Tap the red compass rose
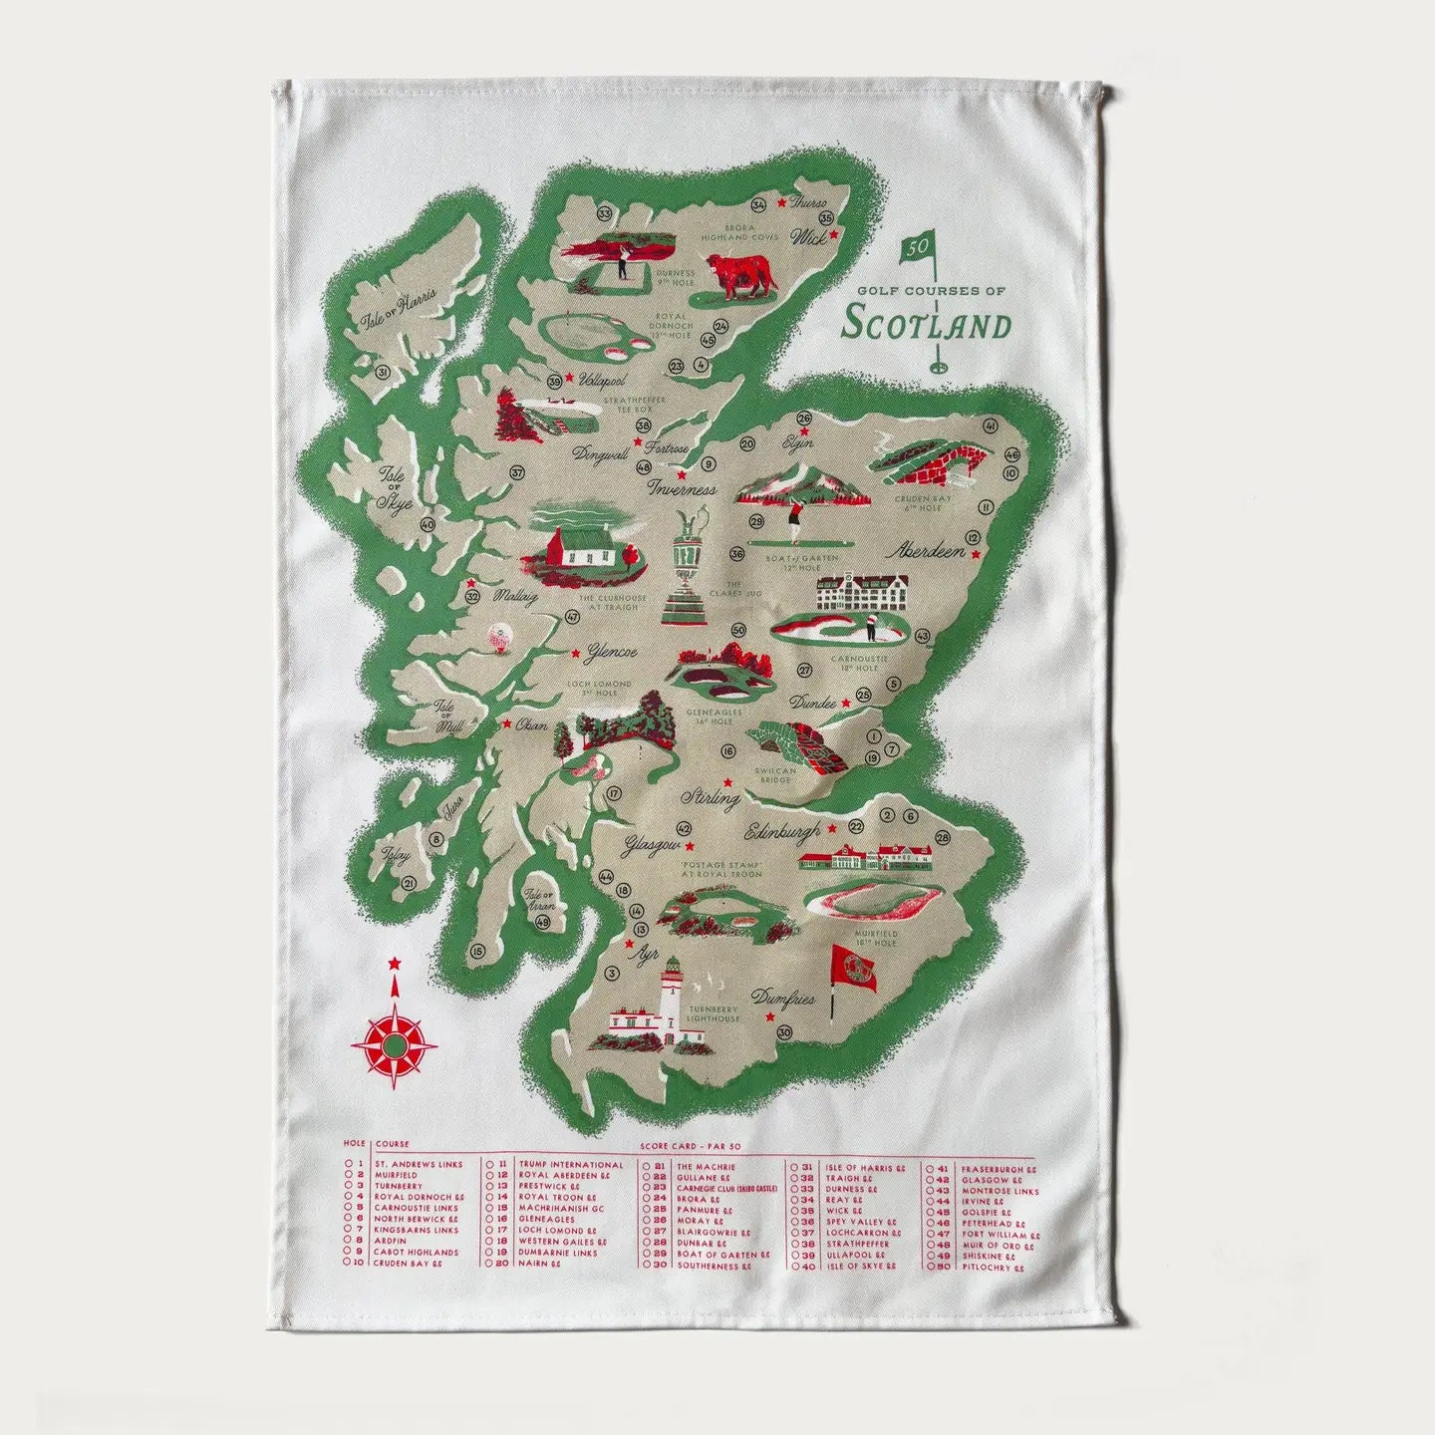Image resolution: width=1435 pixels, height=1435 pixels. (396, 1045)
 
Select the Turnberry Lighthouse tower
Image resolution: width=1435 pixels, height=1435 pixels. (667, 1002)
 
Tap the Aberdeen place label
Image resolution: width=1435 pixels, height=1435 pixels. (931, 550)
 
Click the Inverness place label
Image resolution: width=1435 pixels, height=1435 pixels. (682, 489)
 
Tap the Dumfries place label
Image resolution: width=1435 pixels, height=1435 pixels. (783, 998)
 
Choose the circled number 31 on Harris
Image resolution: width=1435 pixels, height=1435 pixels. (384, 372)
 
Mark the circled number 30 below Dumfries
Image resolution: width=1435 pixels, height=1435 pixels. (784, 1032)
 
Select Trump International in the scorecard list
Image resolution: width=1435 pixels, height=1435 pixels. (570, 1164)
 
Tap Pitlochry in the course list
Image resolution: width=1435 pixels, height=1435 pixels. (991, 1268)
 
